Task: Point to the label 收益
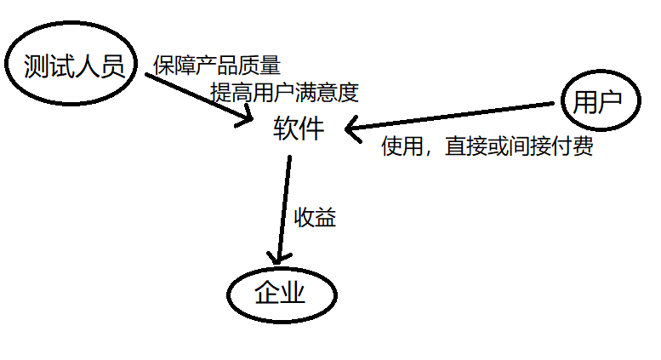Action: pyautogui.click(x=316, y=218)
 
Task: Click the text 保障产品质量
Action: pyautogui.click(x=217, y=65)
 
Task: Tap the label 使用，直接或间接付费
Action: pyautogui.click(x=487, y=147)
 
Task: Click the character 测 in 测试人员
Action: pyautogui.click(x=39, y=66)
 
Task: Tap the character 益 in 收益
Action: pyautogui.click(x=327, y=218)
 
